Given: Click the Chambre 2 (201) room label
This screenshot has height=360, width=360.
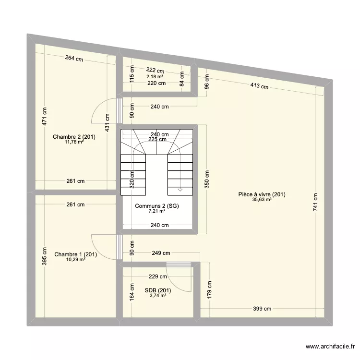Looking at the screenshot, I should tap(74, 137).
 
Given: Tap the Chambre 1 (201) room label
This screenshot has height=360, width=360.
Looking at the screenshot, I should tap(76, 254).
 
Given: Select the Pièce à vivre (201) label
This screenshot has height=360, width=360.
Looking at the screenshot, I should tap(262, 194).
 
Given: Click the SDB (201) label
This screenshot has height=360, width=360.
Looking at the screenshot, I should tap(157, 290).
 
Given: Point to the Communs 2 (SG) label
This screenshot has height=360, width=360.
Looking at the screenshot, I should tap(157, 206).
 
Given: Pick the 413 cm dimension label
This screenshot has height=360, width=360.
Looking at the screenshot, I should tap(258, 86).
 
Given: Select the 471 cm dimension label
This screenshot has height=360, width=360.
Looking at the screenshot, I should tap(44, 115).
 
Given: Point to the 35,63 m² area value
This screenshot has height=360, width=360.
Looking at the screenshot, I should tap(262, 200).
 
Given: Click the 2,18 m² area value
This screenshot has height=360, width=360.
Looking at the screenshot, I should tap(155, 76).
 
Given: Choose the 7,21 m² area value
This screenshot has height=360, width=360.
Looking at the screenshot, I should tap(157, 211).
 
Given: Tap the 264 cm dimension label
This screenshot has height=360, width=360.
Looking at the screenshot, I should tap(74, 59).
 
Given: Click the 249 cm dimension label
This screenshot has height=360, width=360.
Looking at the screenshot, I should tap(160, 253).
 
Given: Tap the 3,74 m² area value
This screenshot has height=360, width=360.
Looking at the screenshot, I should tap(157, 296).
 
